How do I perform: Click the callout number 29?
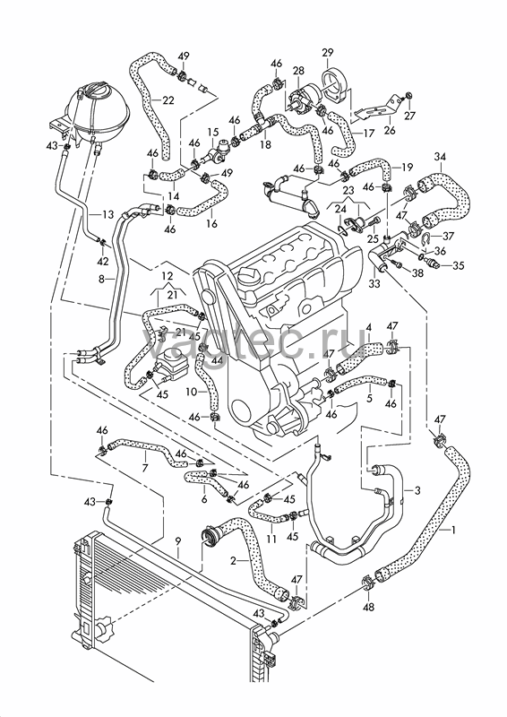[328, 53]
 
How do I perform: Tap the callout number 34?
[440, 157]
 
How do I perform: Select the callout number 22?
[168, 100]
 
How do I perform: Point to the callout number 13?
[107, 214]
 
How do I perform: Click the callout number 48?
[368, 608]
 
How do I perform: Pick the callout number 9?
[178, 541]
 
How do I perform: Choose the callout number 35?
[458, 265]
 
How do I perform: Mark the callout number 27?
[409, 116]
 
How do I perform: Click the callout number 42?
[103, 262]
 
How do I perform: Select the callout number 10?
[192, 392]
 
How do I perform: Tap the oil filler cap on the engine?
[248, 277]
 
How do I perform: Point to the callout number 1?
[452, 531]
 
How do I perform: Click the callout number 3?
[417, 490]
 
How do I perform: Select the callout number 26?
[389, 131]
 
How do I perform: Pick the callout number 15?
[213, 133]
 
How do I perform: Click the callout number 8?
[103, 278]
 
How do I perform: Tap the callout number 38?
[417, 274]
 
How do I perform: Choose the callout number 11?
[271, 540]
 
